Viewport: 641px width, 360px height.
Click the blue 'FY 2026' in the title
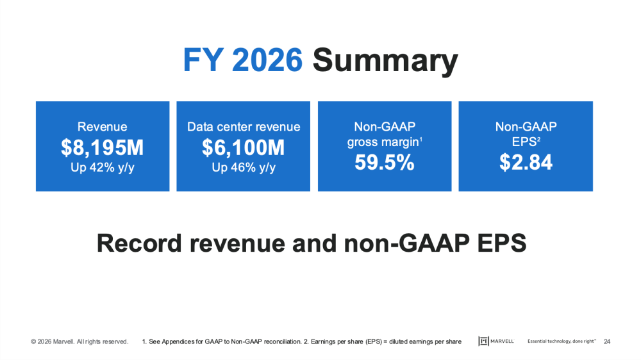click(242, 61)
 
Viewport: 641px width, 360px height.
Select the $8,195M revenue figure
click(103, 148)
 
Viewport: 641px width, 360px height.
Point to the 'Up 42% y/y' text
click(103, 168)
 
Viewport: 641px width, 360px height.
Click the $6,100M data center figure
click(244, 148)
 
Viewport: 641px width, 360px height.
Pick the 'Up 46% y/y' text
click(244, 168)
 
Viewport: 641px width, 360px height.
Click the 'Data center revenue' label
click(244, 127)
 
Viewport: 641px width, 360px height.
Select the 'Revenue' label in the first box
click(103, 127)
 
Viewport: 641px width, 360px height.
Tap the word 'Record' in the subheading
click(136, 243)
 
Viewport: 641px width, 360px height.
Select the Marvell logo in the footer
click(497, 341)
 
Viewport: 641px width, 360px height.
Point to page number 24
click(607, 341)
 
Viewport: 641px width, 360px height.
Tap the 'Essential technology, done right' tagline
click(562, 341)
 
